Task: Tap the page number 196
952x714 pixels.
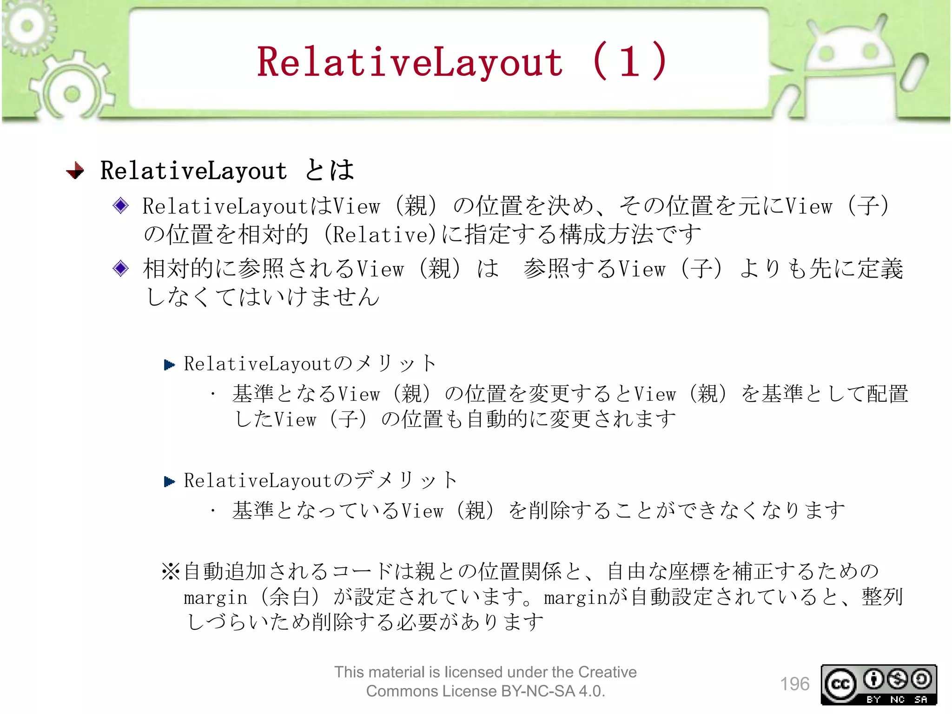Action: click(x=794, y=684)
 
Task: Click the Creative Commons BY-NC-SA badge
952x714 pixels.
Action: click(x=879, y=685)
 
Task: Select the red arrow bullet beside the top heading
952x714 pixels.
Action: click(x=75, y=171)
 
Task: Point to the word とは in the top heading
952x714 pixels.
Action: click(x=330, y=170)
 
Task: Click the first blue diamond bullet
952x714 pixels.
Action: click(x=121, y=205)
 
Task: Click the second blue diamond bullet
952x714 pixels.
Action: click(x=121, y=268)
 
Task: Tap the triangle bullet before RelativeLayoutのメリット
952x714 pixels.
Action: click(x=170, y=365)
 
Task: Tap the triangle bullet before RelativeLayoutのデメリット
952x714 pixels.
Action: click(x=170, y=482)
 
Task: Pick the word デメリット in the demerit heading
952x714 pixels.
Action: click(x=405, y=480)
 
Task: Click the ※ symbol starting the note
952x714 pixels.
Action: click(x=171, y=571)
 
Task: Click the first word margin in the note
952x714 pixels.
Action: click(x=215, y=598)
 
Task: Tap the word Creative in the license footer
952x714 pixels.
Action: click(x=607, y=672)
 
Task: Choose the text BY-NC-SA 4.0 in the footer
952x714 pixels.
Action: click(x=553, y=691)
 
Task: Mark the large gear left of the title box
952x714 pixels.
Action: click(x=72, y=93)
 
